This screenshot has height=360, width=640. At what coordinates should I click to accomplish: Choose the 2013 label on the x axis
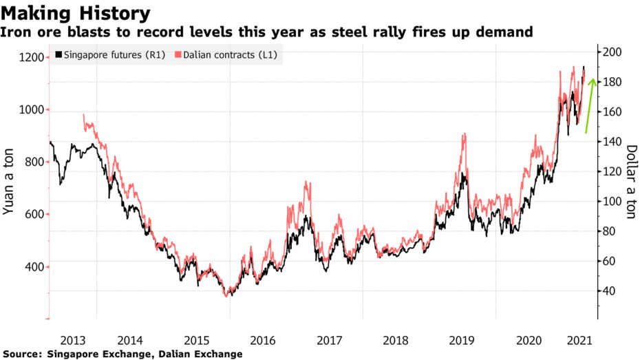[x=72, y=339]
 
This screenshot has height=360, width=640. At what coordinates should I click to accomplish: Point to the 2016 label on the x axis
[x=263, y=339]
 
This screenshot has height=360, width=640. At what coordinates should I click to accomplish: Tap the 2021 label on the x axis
[x=579, y=339]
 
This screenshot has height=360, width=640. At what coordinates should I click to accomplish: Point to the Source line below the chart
[x=123, y=354]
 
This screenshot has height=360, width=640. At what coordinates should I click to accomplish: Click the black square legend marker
[x=58, y=55]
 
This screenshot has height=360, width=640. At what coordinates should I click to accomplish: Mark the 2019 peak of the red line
[x=465, y=134]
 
